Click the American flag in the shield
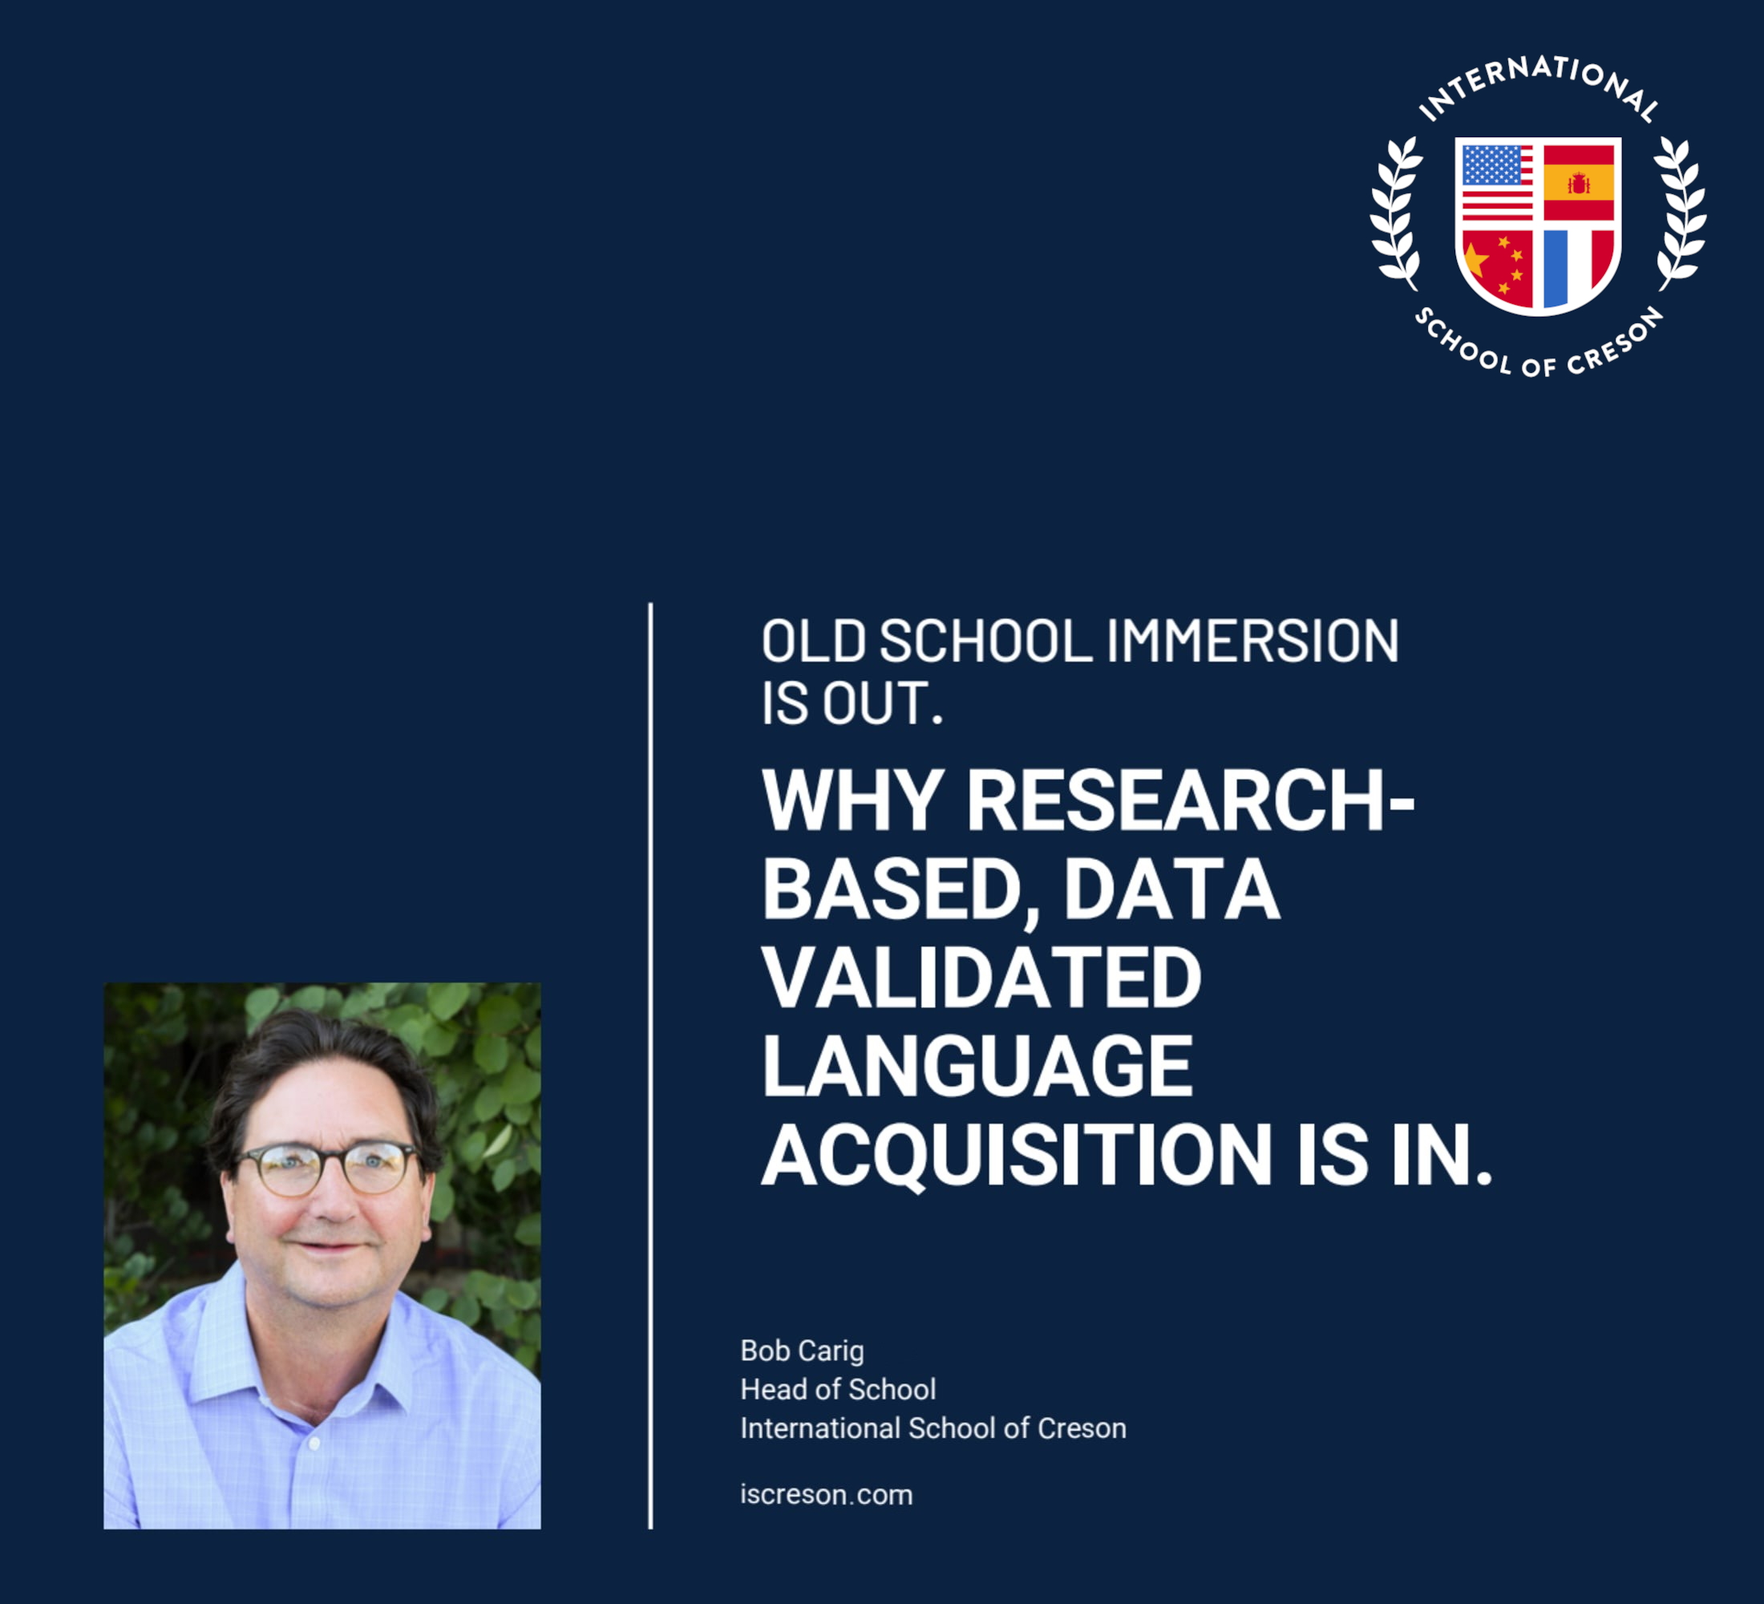(x=1497, y=182)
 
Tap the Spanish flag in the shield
(x=1579, y=182)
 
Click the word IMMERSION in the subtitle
(x=1253, y=641)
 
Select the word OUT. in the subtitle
(x=883, y=703)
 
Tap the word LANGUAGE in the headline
(x=977, y=1065)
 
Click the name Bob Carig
(x=803, y=1351)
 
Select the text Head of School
(x=838, y=1390)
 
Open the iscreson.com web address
(x=827, y=1495)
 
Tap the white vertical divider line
(x=651, y=1066)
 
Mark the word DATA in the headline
(x=1171, y=889)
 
